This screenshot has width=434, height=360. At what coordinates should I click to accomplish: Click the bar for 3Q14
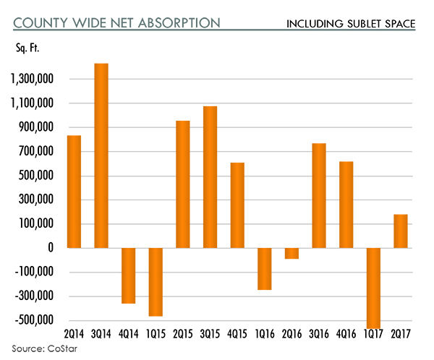[101, 155]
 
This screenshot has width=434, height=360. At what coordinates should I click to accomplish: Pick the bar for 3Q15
[210, 177]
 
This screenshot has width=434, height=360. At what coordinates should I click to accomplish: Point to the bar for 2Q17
[401, 231]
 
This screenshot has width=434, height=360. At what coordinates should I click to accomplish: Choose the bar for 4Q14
[129, 275]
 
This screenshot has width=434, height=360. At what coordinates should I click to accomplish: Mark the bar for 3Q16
[319, 195]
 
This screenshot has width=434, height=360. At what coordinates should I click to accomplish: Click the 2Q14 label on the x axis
[74, 335]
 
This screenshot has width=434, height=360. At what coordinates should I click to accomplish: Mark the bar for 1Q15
[156, 282]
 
